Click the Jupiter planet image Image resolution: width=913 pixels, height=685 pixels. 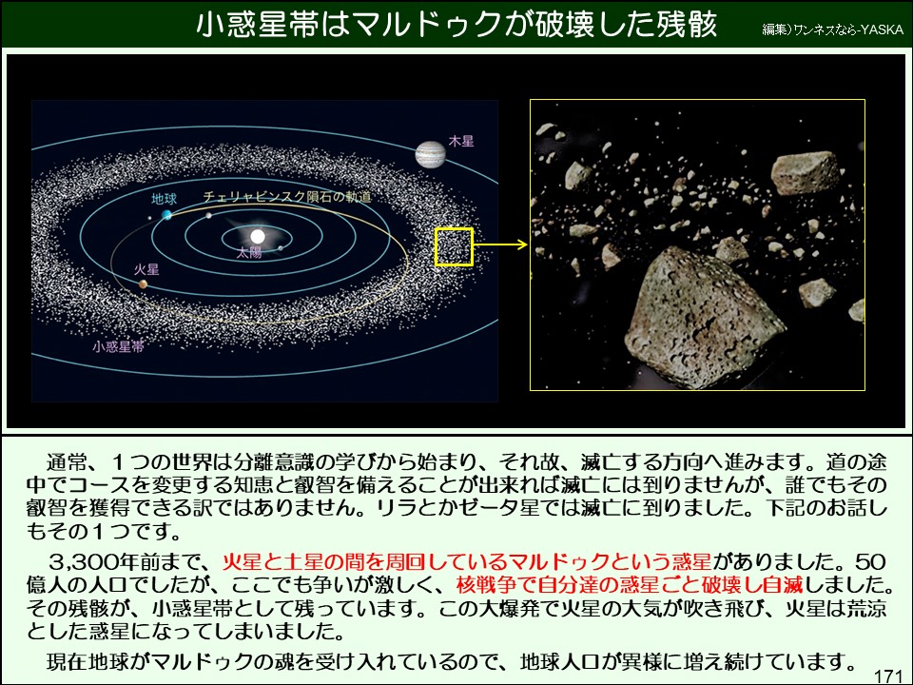point(430,154)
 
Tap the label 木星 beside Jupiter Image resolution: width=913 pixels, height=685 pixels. point(461,141)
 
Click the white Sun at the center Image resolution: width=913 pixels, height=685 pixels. point(258,236)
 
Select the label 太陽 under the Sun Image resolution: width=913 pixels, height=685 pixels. point(249,252)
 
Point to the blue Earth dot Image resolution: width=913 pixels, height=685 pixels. point(167,215)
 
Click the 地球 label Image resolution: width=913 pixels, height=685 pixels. point(165,199)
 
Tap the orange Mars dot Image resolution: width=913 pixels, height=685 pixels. point(143,284)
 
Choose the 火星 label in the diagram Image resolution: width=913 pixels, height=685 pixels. point(146,269)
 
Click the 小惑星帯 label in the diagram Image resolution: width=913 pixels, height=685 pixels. point(118,346)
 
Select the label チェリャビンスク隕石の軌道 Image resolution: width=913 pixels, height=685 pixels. point(287,197)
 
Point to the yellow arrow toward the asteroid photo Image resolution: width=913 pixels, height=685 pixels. point(500,245)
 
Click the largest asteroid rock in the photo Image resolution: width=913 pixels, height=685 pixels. point(704,318)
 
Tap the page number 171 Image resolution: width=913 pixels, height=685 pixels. point(888,675)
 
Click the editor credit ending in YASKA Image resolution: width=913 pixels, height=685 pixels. point(833,29)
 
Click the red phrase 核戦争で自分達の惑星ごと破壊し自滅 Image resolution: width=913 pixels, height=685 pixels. point(630,583)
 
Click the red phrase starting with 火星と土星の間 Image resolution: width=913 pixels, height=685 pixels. point(467,561)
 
